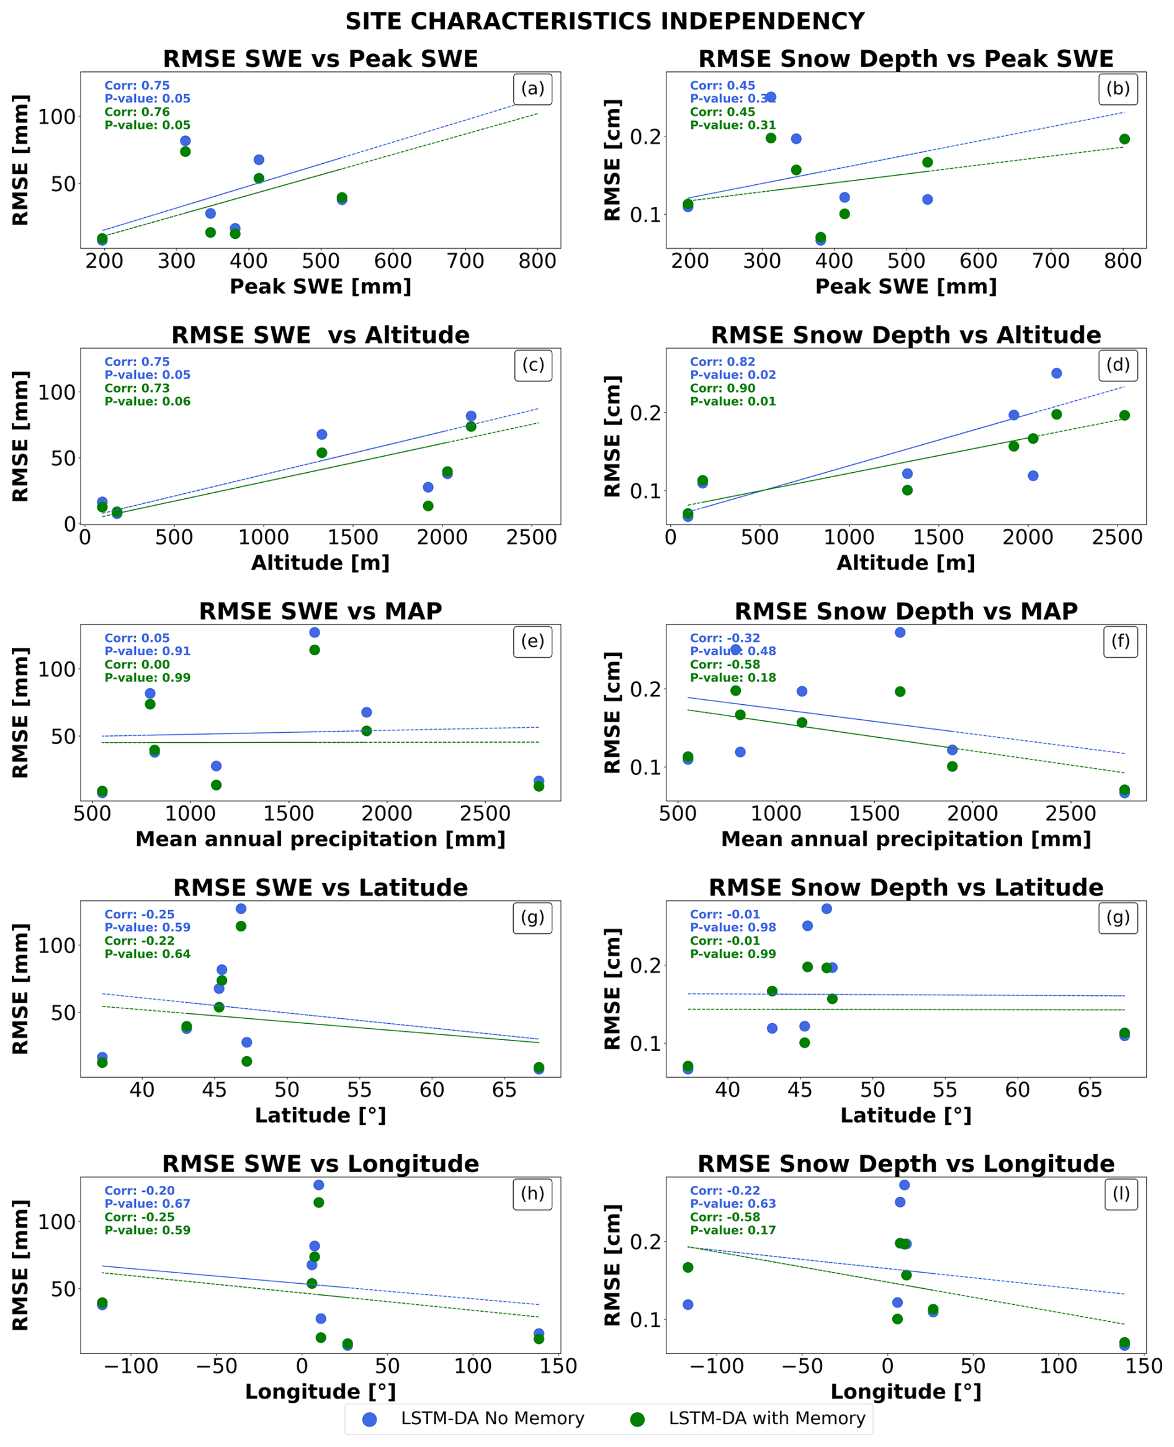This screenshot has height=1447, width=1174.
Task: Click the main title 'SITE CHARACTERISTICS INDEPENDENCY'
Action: point(604,22)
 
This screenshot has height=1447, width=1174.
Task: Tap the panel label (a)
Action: point(533,89)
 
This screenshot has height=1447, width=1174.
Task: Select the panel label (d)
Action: point(1118,365)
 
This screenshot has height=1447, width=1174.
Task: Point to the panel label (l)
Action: point(1121,1193)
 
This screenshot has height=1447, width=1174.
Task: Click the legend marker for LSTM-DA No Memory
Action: point(369,1419)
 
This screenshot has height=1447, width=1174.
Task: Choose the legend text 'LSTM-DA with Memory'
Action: point(767,1418)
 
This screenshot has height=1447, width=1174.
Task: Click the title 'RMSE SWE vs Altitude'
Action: point(321,336)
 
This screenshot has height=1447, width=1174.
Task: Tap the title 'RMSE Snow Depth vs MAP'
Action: point(905,611)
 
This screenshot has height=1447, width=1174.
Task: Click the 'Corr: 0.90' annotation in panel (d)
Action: point(722,388)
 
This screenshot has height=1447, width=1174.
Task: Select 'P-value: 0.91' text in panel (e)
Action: point(148,651)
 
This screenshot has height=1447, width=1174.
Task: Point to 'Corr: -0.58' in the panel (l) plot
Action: point(725,1217)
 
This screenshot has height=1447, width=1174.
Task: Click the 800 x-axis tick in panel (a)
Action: point(537,262)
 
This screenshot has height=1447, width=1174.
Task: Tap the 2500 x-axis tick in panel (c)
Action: point(532,537)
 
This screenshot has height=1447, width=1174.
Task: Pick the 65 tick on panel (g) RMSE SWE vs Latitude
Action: point(504,1090)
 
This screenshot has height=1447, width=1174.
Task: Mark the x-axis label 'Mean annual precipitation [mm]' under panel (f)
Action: point(905,839)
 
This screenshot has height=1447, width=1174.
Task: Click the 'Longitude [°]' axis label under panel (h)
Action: point(321,1392)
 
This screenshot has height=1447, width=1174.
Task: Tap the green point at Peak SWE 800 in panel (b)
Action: point(1124,139)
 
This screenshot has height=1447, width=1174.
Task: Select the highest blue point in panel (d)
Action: point(1056,374)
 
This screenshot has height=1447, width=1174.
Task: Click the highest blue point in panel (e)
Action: point(315,632)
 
